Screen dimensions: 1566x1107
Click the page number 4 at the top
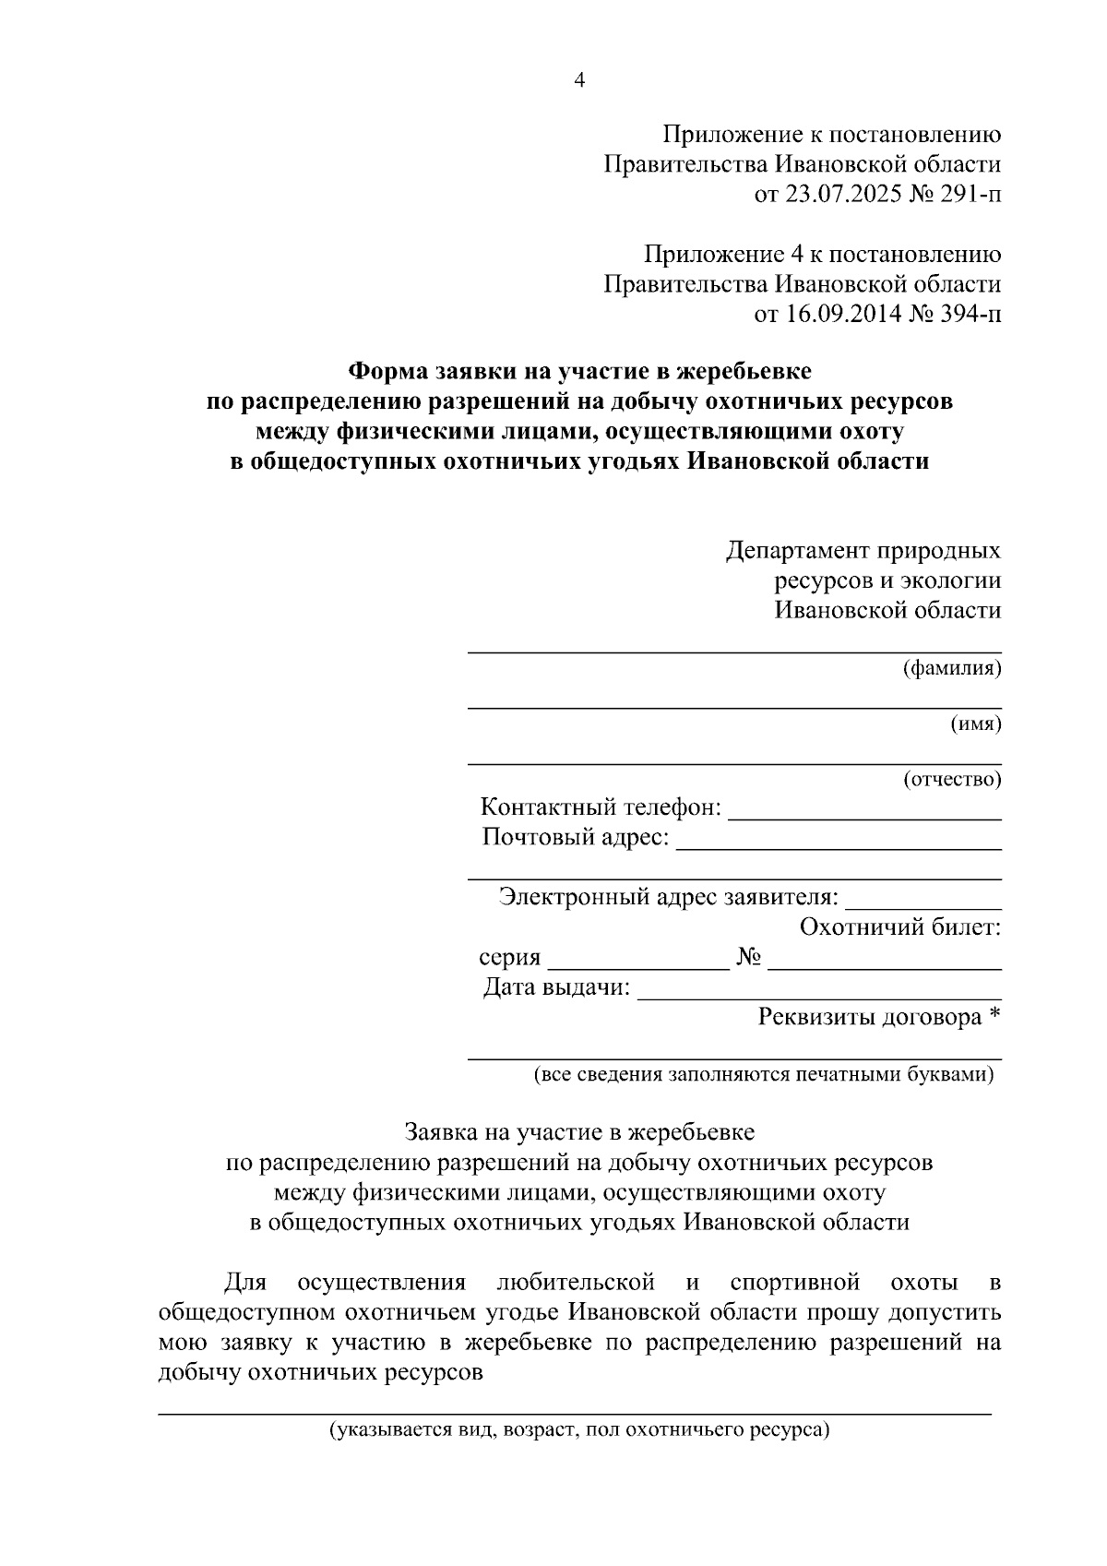[579, 81]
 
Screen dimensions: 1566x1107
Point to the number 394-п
[968, 315]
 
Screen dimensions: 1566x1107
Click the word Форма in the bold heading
[387, 372]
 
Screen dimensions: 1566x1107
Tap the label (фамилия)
[951, 668]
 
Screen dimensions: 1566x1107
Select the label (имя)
[976, 724]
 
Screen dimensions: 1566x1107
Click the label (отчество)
[951, 780]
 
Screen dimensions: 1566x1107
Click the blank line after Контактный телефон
[864, 816]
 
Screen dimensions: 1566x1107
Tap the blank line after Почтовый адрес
[839, 845]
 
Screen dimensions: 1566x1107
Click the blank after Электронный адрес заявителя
[922, 906]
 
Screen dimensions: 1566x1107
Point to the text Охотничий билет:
[900, 927]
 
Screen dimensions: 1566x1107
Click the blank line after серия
[638, 966]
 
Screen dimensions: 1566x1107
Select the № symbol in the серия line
[749, 958]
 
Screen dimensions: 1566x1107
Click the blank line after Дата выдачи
[819, 997]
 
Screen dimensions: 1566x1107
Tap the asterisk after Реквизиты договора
[994, 1016]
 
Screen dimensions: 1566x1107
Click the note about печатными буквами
[764, 1075]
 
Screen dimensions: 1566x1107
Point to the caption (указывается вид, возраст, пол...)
[580, 1431]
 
